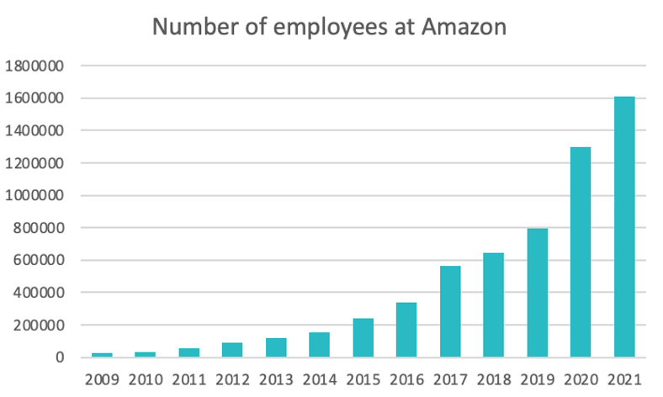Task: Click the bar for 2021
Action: [623, 227]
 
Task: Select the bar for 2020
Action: [580, 252]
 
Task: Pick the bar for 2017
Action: [449, 311]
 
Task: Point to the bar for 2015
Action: [363, 337]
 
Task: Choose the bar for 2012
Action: [232, 350]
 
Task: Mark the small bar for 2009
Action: [102, 355]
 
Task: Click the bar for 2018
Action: [493, 304]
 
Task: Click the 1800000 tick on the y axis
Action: [40, 66]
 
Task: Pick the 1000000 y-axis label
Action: [40, 195]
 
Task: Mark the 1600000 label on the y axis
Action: [40, 98]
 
